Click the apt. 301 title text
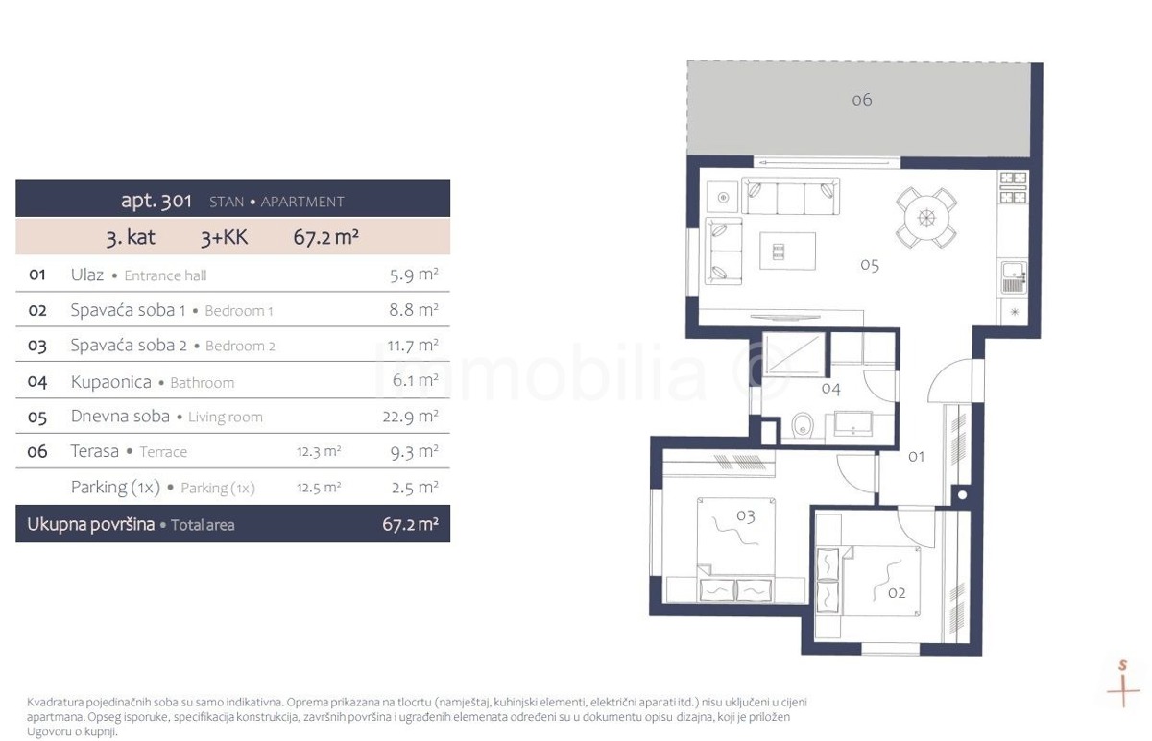pyautogui.click(x=156, y=201)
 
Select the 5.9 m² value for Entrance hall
pyautogui.click(x=414, y=275)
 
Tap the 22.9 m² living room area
pyautogui.click(x=410, y=416)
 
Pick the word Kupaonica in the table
pyautogui.click(x=111, y=382)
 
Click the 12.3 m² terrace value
pyautogui.click(x=319, y=451)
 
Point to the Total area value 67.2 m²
pyautogui.click(x=410, y=524)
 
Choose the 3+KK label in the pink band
pyautogui.click(x=225, y=238)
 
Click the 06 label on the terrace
pyautogui.click(x=862, y=99)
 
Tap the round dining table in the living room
pyautogui.click(x=926, y=218)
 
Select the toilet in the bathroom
pyautogui.click(x=802, y=425)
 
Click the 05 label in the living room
pyautogui.click(x=870, y=265)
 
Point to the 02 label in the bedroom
pyautogui.click(x=897, y=593)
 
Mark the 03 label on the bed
pyautogui.click(x=746, y=515)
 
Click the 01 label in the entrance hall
pyautogui.click(x=916, y=456)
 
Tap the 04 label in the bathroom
pyautogui.click(x=831, y=388)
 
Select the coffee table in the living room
pyautogui.click(x=787, y=251)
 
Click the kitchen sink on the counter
pyautogui.click(x=1014, y=277)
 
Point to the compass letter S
pyautogui.click(x=1123, y=665)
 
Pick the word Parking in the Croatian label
pyautogui.click(x=99, y=487)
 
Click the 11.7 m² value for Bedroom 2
pyautogui.click(x=413, y=345)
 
